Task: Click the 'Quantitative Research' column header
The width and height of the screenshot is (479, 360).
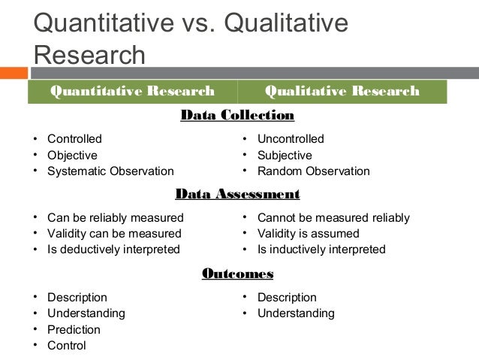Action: [x=131, y=92]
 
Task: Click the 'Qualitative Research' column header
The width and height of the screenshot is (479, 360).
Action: [x=341, y=92]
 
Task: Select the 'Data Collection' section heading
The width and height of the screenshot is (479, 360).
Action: [x=237, y=116]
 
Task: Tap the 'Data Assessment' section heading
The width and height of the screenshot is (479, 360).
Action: [x=237, y=195]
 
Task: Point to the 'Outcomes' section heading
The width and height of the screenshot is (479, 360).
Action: [x=237, y=274]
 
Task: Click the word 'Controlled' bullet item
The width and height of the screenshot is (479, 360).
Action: [x=74, y=139]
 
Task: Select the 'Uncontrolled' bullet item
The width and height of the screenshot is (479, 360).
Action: [x=291, y=139]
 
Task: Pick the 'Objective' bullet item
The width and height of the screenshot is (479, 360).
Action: [x=72, y=155]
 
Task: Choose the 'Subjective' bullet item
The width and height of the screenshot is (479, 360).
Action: [x=285, y=155]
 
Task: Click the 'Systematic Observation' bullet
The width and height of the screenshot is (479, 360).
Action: [x=110, y=171]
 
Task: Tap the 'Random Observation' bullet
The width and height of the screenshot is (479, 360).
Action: [x=313, y=171]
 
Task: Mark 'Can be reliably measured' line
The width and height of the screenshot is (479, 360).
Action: [x=115, y=218]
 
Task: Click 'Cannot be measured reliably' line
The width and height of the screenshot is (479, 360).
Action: [x=333, y=218]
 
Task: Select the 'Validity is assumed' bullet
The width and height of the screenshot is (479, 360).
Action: [x=308, y=234]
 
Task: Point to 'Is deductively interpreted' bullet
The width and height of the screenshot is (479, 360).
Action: [x=113, y=250]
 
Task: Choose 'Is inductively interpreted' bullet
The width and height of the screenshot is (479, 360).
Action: [x=321, y=250]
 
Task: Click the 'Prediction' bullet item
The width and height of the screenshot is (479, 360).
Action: [x=74, y=329]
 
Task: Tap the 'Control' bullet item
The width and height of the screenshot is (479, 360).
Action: [x=66, y=346]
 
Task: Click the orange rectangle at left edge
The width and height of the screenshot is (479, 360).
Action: [x=13, y=74]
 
